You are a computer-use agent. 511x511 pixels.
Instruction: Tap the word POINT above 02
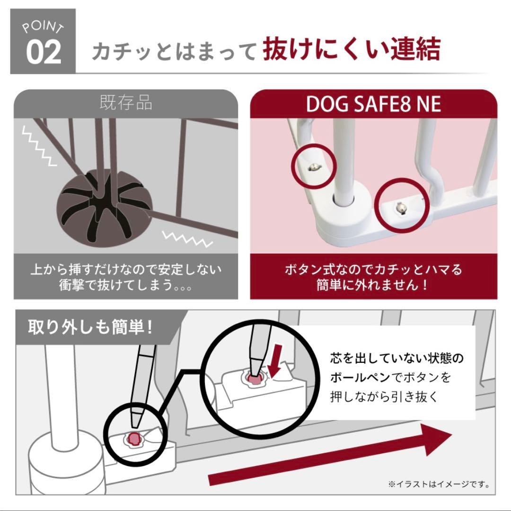43,27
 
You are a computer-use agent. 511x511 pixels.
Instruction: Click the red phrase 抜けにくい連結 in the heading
352,49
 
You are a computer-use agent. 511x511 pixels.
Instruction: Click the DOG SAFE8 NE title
373,104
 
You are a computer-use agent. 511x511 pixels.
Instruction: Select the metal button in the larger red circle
401,207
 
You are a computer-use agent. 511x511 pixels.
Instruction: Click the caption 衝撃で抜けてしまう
125,286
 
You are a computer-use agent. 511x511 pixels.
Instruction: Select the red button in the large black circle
255,379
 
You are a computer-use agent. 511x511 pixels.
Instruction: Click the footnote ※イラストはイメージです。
438,484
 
